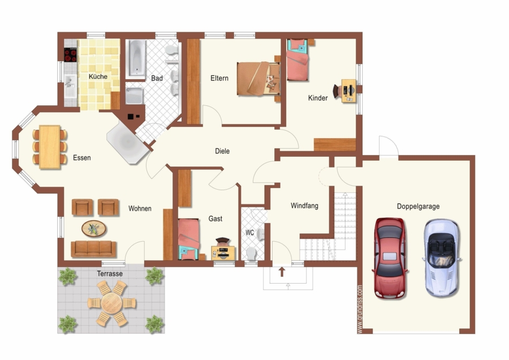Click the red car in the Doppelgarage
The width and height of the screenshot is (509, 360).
[390, 258]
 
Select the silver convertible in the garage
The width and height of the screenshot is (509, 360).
[442, 258]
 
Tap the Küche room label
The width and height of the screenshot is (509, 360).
[98, 76]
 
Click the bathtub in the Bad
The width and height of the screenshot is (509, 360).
[136, 59]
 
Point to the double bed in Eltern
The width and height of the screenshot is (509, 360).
[258, 79]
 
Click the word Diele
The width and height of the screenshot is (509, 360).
[222, 151]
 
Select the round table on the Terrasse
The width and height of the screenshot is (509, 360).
[111, 303]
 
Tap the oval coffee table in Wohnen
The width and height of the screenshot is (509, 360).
[94, 229]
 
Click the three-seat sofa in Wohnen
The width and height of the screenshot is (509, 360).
[93, 249]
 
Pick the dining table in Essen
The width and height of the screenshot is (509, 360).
[50, 147]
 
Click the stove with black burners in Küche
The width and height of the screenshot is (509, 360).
[71, 54]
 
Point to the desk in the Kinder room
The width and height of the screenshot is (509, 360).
[349, 91]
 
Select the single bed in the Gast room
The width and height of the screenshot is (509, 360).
[188, 239]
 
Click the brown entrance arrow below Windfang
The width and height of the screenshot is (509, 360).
[282, 272]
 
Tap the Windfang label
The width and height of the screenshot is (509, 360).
[304, 205]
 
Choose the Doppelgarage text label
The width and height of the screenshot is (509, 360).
[419, 206]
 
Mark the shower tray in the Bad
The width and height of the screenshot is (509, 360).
[135, 96]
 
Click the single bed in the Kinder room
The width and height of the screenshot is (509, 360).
[297, 60]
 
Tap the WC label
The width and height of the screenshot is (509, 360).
[249, 233]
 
